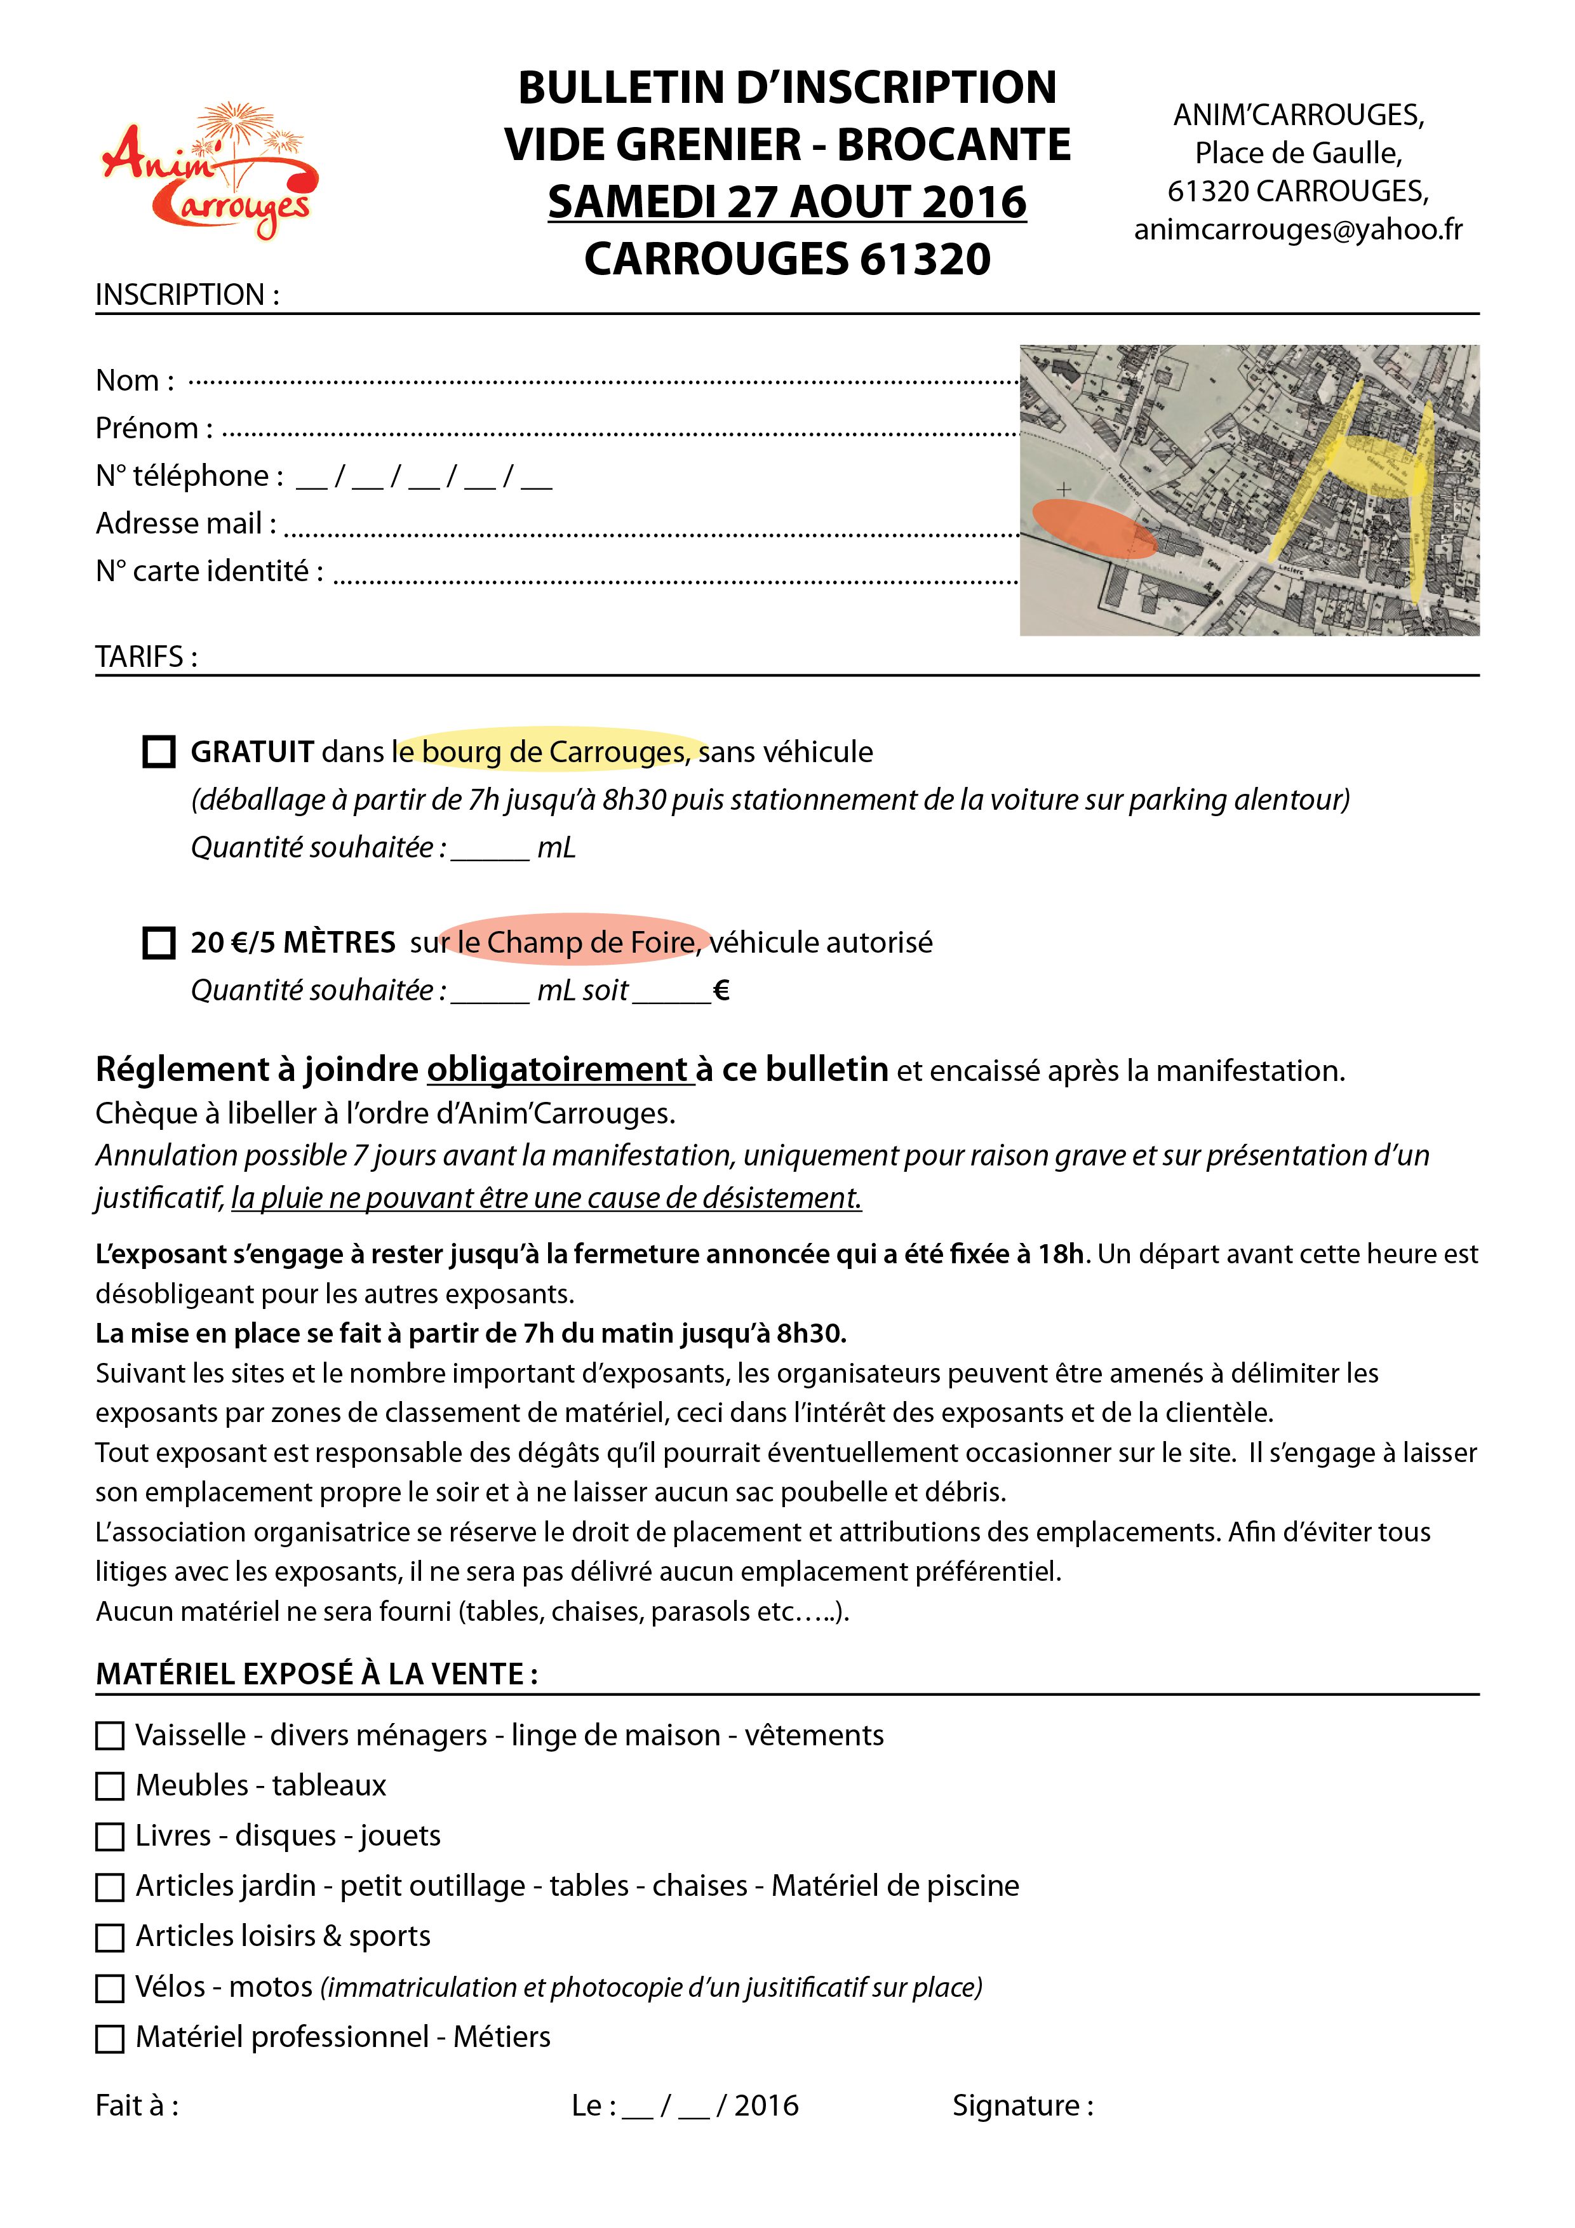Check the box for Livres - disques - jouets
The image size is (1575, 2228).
pyautogui.click(x=110, y=1836)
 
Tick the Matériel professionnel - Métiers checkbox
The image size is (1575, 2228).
pyautogui.click(x=110, y=2038)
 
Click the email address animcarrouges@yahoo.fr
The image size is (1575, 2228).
pyautogui.click(x=1297, y=229)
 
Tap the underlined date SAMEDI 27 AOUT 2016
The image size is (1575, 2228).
pyautogui.click(x=787, y=202)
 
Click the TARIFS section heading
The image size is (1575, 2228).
pyautogui.click(x=145, y=657)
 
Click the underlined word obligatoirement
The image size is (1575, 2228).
pyautogui.click(x=558, y=1070)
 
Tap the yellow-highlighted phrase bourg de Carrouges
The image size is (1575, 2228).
pyautogui.click(x=553, y=752)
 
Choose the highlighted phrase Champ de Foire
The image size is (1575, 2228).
pyautogui.click(x=590, y=943)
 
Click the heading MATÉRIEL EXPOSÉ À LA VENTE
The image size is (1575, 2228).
pyautogui.click(x=316, y=1674)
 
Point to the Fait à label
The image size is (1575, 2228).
pyautogui.click(x=136, y=2105)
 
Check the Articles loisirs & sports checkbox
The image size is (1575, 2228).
pyautogui.click(x=110, y=1937)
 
